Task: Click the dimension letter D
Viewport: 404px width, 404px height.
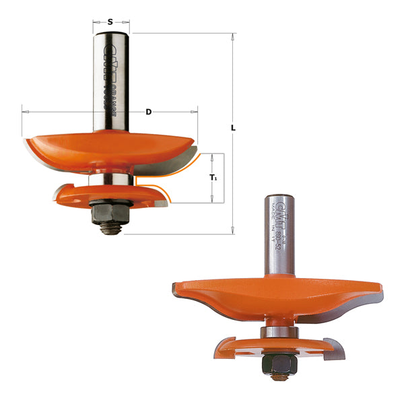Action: [x=149, y=112]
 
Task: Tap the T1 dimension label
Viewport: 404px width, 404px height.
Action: [x=213, y=178]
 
